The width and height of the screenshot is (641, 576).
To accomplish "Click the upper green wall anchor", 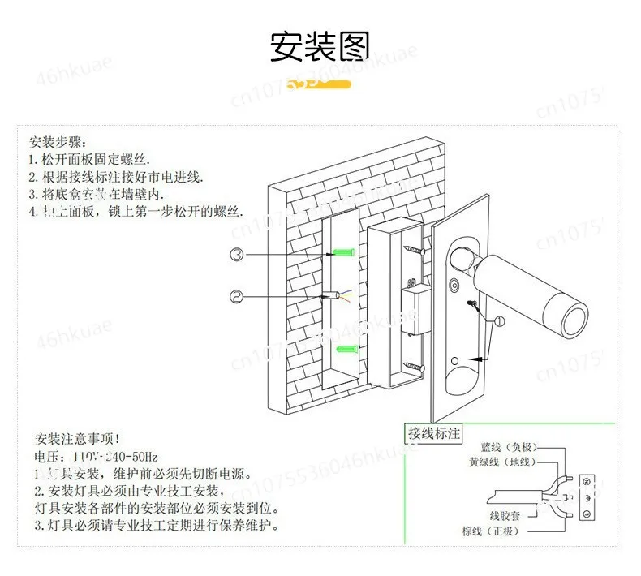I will click(x=344, y=253).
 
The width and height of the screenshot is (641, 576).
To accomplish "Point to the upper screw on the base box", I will click(x=413, y=250).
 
